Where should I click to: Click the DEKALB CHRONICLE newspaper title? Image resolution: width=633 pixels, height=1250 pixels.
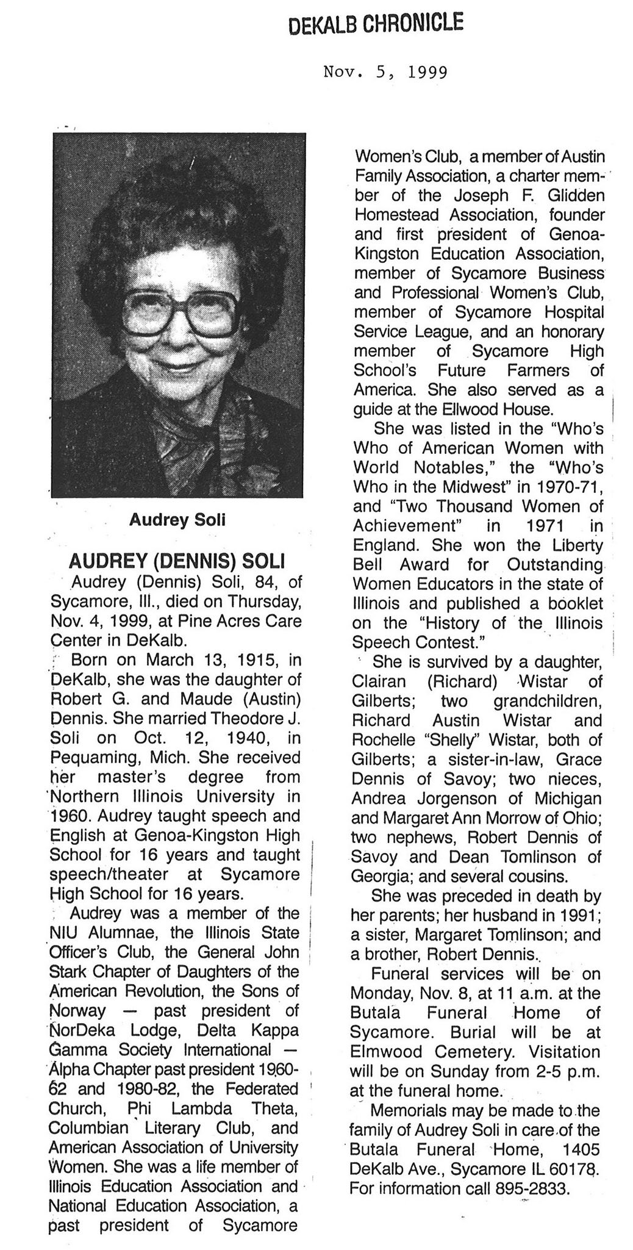click(x=375, y=24)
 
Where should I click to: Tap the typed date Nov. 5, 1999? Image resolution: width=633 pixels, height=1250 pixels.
click(x=385, y=73)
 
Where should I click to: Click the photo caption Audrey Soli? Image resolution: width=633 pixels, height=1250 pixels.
click(x=177, y=519)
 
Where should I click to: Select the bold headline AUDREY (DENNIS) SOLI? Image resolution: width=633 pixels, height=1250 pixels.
click(x=177, y=561)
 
